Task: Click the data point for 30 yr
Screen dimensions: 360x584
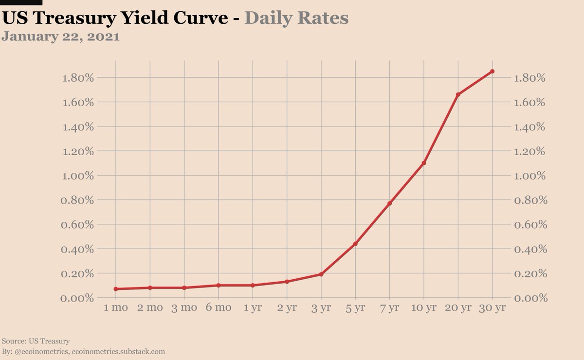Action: (492, 72)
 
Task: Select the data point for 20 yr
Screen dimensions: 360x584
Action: (458, 94)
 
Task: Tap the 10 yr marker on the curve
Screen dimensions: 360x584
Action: (423, 163)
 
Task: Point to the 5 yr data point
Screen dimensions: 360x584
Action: (355, 243)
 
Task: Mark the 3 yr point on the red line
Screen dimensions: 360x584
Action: (321, 274)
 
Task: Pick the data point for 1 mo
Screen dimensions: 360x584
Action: (116, 289)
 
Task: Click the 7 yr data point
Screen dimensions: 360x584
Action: (389, 203)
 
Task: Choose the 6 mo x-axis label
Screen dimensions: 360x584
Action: (218, 308)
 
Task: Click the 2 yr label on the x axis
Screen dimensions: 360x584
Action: (287, 308)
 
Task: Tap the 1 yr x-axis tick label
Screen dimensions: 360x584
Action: (253, 308)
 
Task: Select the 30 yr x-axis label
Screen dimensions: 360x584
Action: (492, 308)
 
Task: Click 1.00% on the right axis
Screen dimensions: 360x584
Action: (531, 176)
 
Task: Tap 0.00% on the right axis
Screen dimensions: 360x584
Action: (531, 298)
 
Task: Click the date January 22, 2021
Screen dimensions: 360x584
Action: (61, 37)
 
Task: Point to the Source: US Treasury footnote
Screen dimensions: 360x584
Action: (36, 341)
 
